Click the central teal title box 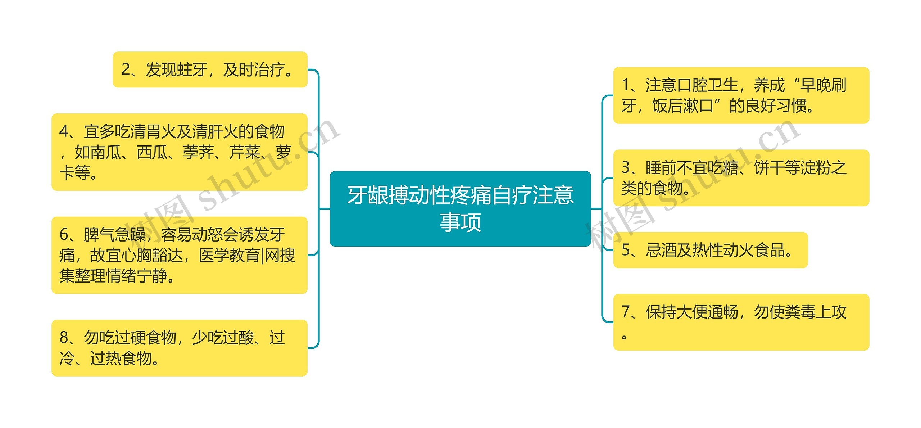(x=460, y=208)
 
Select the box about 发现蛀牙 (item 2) (x=210, y=69)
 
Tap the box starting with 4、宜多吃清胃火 (x=179, y=152)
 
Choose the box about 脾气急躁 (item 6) (x=179, y=255)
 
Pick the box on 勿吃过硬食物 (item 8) (x=179, y=348)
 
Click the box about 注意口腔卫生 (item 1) (x=741, y=95)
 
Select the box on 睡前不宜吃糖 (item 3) (x=741, y=177)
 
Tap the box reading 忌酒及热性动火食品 (x=710, y=250)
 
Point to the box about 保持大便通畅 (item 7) (x=741, y=322)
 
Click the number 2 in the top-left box (x=126, y=69)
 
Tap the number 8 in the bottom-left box (x=64, y=338)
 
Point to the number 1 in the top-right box (x=626, y=85)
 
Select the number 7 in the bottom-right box (x=626, y=312)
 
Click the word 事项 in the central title (x=460, y=222)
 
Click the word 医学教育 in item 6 (x=229, y=255)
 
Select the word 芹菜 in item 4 (x=245, y=152)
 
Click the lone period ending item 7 (x=624, y=337)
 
